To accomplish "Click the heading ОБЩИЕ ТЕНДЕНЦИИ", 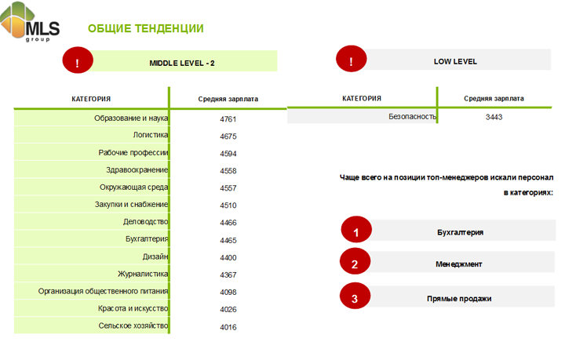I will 145,29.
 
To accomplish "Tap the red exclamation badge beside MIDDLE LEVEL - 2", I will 78,61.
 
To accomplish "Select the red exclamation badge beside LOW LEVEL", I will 352,60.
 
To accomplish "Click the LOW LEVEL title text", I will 455,61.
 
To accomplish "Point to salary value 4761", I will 228,119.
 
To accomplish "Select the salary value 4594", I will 228,154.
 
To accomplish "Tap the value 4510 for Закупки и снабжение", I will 228,205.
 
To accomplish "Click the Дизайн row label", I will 155,256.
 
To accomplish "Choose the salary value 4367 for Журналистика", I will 228,275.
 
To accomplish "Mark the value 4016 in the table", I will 228,327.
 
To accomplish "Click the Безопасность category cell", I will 412,117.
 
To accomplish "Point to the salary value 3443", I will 494,118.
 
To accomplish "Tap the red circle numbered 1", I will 356,232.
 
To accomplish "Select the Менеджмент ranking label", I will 459,264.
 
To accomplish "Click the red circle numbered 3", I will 355,298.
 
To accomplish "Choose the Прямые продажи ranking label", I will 459,299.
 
